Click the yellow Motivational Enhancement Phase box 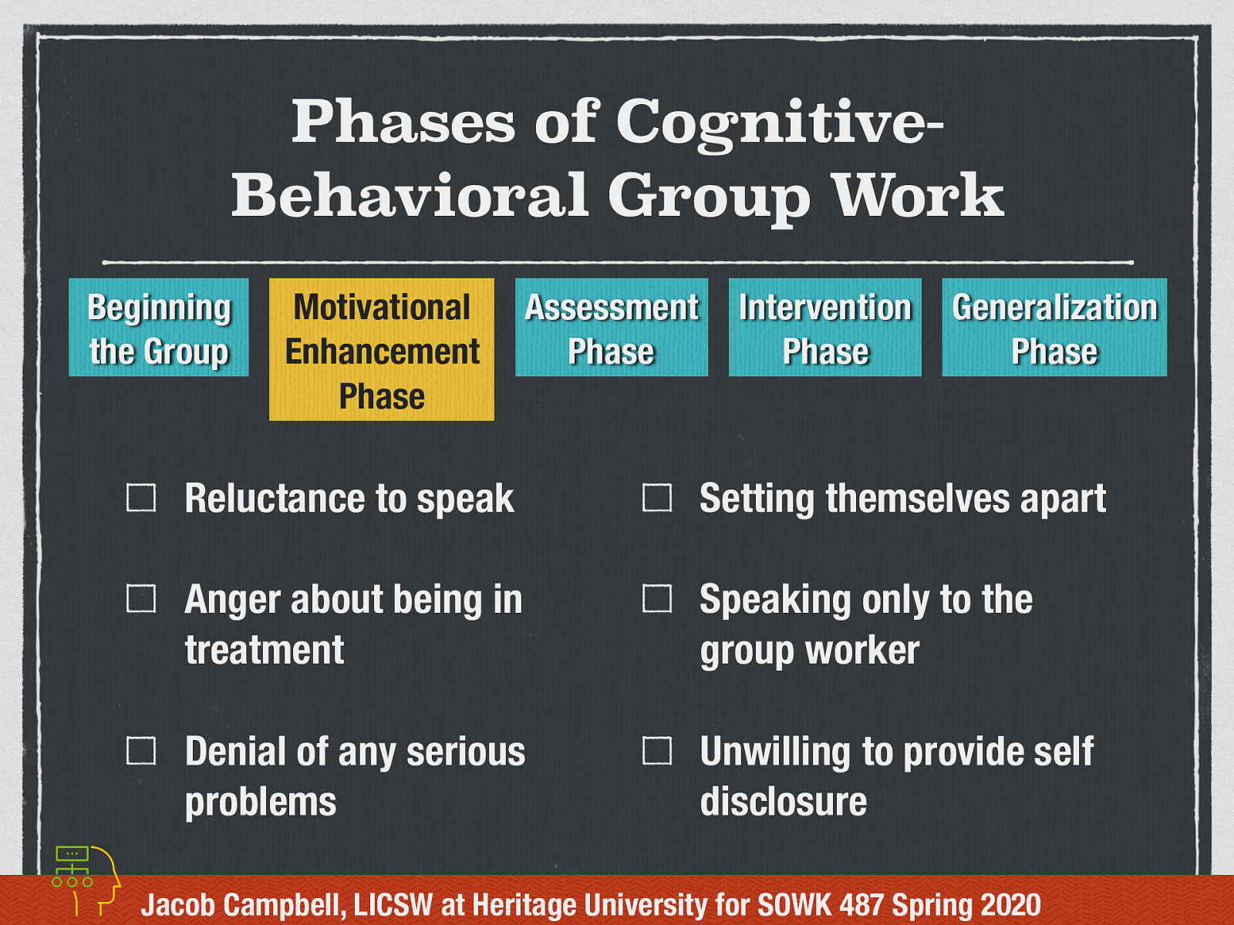(x=382, y=349)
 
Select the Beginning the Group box (x=159, y=328)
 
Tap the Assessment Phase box (x=611, y=328)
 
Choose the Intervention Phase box (x=824, y=328)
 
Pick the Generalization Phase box (x=1054, y=328)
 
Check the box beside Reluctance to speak (x=141, y=498)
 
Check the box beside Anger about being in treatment (x=141, y=599)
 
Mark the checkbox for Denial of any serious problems (x=141, y=751)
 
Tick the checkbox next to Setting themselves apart (x=657, y=498)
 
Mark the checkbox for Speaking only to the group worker (x=657, y=599)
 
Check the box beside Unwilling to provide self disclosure (x=657, y=751)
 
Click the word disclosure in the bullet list (x=783, y=802)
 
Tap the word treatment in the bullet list (x=265, y=650)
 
